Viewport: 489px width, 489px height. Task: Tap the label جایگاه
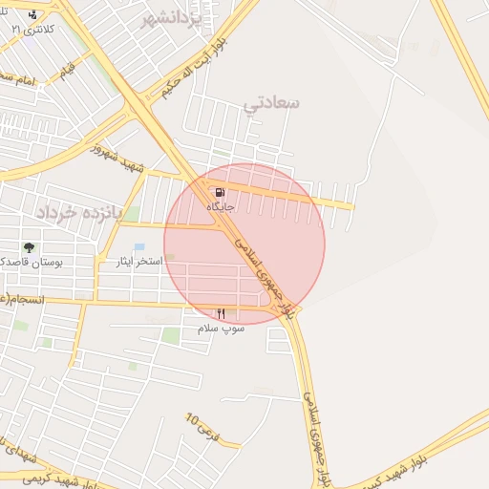221,205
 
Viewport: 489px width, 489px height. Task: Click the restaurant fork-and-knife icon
222,313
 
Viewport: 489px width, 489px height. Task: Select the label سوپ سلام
222,328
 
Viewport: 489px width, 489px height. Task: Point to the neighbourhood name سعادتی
272,101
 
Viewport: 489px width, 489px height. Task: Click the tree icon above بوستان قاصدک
29,248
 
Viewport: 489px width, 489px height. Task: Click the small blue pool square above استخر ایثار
139,247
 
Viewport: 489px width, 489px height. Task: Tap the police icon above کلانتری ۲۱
34,15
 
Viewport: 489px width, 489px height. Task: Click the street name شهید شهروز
117,156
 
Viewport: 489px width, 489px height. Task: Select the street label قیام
68,71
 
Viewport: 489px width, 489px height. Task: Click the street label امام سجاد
16,78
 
